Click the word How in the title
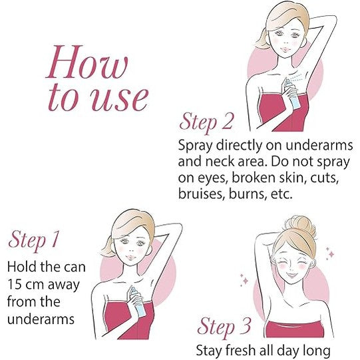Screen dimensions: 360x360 coord(87,62)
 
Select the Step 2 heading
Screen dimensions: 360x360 coord(206,122)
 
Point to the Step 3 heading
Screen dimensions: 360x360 coord(224,327)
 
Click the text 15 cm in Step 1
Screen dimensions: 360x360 coord(25,284)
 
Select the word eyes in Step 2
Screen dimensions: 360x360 coord(210,178)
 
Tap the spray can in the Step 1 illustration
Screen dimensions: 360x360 coord(137,300)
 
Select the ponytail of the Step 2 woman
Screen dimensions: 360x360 coord(263,39)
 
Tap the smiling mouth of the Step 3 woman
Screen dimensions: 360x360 coord(291,274)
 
